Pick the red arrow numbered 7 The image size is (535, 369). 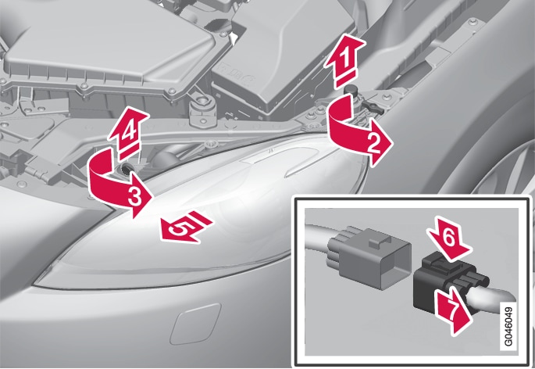coord(453,310)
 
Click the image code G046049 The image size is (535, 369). coord(508,327)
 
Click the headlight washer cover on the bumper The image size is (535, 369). coord(195,324)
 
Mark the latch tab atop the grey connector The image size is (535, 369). coord(379,242)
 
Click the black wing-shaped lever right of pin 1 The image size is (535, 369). coord(373,106)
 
